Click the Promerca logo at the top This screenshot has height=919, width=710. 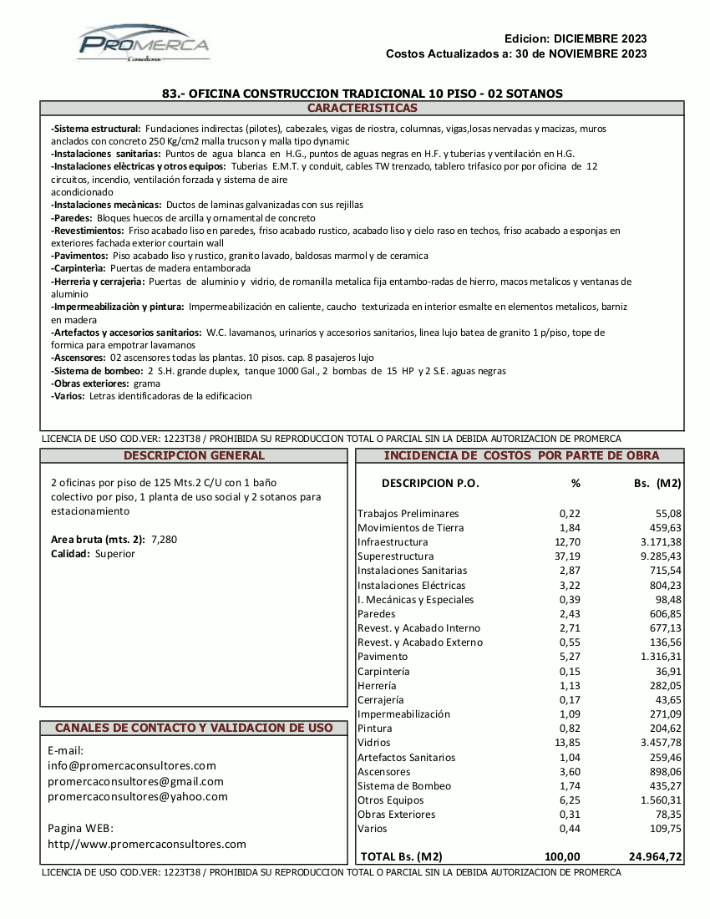tap(143, 43)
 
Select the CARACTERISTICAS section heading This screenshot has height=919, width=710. tap(362, 109)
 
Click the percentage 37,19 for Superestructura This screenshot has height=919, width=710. tap(567, 556)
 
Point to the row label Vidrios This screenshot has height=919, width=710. tap(373, 743)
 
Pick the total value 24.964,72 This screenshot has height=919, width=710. tap(655, 856)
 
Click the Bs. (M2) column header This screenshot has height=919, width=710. tap(657, 483)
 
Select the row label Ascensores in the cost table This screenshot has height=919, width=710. tap(383, 772)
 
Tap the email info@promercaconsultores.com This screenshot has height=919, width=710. tap(132, 765)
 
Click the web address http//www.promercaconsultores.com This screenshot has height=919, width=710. tap(147, 845)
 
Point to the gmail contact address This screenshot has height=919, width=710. tap(135, 781)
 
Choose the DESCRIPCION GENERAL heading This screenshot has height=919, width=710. tap(194, 456)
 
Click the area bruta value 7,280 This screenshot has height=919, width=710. tap(164, 540)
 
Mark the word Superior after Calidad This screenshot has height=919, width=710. tap(114, 554)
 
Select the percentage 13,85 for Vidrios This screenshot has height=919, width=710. tap(567, 743)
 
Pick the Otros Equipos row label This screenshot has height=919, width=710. tap(390, 800)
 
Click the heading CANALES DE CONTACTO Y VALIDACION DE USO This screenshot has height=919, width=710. tap(194, 729)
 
